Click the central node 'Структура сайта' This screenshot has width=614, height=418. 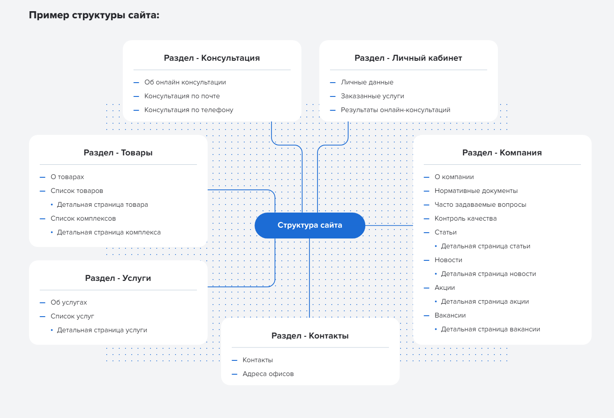click(x=309, y=225)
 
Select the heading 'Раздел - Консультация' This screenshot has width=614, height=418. click(x=212, y=58)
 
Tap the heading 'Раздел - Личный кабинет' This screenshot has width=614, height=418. click(x=408, y=58)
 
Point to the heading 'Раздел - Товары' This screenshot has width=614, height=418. click(x=118, y=153)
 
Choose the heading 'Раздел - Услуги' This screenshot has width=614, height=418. click(x=118, y=278)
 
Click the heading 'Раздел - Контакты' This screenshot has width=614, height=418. click(x=310, y=336)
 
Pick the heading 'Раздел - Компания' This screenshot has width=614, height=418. click(x=502, y=153)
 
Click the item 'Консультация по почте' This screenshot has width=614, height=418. click(x=182, y=96)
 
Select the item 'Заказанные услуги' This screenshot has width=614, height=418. click(x=372, y=96)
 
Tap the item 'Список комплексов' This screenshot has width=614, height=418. click(x=83, y=218)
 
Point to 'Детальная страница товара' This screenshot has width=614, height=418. click(x=102, y=205)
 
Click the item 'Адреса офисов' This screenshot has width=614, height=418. click(x=268, y=374)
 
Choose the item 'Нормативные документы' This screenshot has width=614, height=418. click(x=476, y=191)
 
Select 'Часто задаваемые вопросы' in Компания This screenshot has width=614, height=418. click(x=480, y=205)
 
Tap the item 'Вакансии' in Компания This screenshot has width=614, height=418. click(x=450, y=315)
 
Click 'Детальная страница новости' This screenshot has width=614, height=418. click(x=488, y=274)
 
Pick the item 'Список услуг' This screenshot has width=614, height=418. click(x=72, y=316)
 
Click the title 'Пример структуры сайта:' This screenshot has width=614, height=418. click(x=94, y=15)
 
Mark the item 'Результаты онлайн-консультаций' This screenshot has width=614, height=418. click(x=395, y=110)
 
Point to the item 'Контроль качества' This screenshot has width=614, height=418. click(x=465, y=218)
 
